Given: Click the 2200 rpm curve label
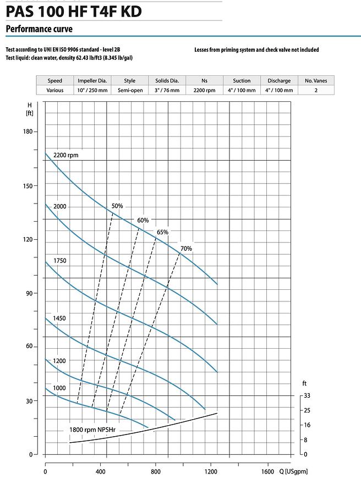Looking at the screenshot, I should [x=66, y=155].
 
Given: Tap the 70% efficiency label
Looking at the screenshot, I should [x=187, y=249].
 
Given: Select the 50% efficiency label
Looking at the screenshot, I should [x=117, y=206].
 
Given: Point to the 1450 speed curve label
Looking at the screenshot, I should [x=59, y=318].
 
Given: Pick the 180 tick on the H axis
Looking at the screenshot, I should [x=28, y=131].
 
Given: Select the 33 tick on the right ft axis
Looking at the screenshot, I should [x=307, y=395].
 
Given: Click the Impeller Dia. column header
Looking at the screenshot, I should [x=92, y=80].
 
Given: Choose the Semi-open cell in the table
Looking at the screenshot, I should [x=129, y=90].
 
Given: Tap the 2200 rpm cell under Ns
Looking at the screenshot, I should [x=204, y=90].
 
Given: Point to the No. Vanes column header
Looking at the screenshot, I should [x=316, y=80].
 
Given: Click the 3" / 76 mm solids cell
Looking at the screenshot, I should [x=167, y=90].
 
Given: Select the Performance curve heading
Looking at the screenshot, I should [x=39, y=29].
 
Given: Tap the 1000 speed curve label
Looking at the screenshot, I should [x=59, y=388].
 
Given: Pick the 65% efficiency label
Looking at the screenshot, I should [x=162, y=232].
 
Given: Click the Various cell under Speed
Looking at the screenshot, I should [x=55, y=90].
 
